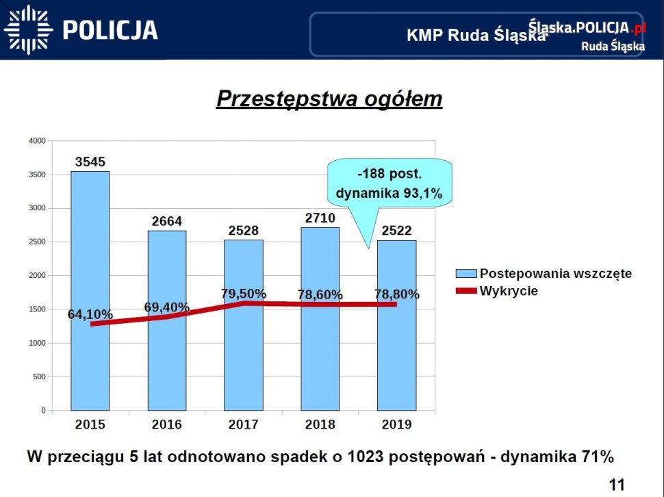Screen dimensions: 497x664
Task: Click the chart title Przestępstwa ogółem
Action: (329, 99)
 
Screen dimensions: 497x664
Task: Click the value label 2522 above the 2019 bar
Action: (396, 231)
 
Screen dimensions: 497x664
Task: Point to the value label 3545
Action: (90, 162)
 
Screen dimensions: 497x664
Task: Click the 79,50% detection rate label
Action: (244, 294)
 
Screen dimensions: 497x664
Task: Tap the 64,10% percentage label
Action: (90, 315)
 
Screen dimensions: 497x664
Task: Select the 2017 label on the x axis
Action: (244, 424)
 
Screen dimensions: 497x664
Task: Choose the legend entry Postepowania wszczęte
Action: (555, 274)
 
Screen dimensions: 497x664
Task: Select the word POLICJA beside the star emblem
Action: (110, 30)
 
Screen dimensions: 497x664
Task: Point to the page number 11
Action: (617, 485)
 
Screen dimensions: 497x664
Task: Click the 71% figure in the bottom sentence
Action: (597, 457)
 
